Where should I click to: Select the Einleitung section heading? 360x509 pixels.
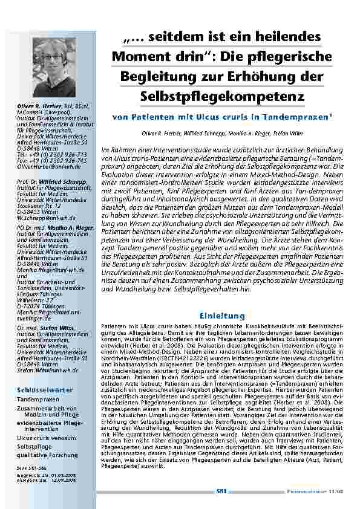coord(222,316)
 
